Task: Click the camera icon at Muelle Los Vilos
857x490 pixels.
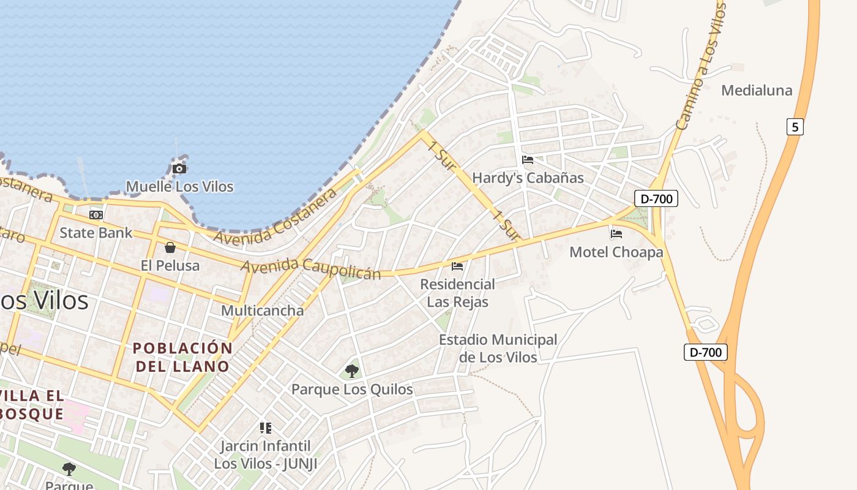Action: click(179, 168)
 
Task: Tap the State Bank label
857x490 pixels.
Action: click(95, 233)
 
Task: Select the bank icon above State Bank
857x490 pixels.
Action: click(96, 215)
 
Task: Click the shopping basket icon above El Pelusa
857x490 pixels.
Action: click(170, 247)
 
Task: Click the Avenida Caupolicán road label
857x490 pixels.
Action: click(310, 269)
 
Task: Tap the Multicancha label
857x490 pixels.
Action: click(262, 311)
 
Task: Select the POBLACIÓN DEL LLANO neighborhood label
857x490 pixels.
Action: click(182, 358)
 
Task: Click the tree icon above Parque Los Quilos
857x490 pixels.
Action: click(352, 371)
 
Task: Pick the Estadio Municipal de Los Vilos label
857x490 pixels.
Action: click(498, 349)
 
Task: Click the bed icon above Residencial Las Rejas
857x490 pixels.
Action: click(457, 266)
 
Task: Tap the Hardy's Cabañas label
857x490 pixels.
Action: click(528, 178)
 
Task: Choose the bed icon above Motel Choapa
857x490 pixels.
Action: click(616, 234)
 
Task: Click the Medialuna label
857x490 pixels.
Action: click(757, 91)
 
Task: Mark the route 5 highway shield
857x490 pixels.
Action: click(795, 127)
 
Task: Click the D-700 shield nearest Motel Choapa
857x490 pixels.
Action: click(656, 198)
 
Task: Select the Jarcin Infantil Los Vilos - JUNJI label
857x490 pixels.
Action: click(266, 455)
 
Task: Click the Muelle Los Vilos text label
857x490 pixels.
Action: click(179, 186)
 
